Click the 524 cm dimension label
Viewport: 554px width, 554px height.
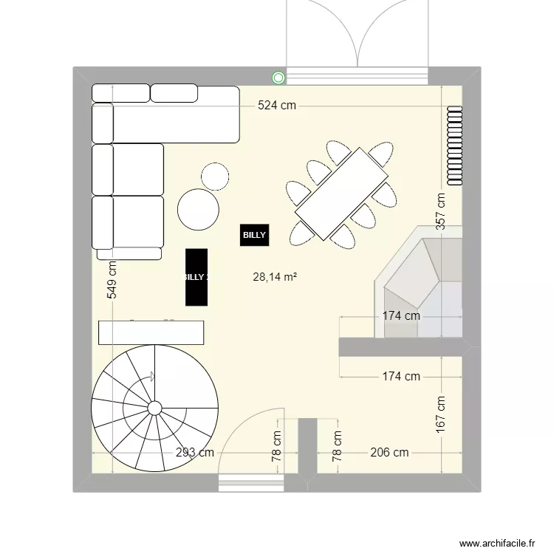click(276, 106)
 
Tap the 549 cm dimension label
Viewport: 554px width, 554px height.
click(112, 280)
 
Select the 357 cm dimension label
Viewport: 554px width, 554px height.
click(441, 213)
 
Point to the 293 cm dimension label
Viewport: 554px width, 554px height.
click(195, 453)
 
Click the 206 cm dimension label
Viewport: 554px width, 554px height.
click(389, 453)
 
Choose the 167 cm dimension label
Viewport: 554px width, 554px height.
click(441, 414)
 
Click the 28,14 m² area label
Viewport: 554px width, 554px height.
click(275, 278)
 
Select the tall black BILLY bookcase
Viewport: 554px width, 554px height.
click(196, 277)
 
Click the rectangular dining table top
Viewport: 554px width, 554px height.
click(341, 194)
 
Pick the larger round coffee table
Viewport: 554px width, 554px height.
click(199, 210)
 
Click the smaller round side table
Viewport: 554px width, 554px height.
click(216, 176)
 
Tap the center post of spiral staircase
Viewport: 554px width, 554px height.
click(155, 408)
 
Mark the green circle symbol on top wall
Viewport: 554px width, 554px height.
click(278, 77)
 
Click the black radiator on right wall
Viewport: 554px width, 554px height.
click(454, 146)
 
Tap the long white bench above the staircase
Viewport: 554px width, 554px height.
click(151, 332)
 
